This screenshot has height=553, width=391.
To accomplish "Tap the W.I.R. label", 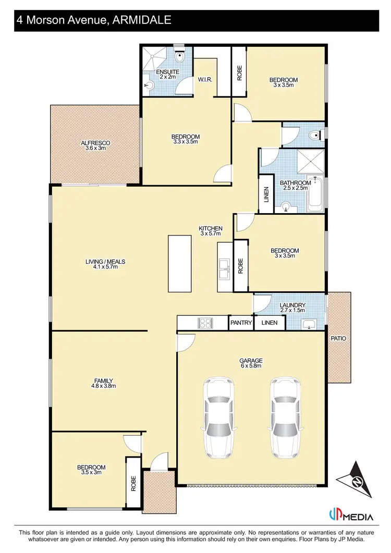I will click(x=204, y=80).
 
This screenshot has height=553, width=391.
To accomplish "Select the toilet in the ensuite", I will click(x=181, y=55).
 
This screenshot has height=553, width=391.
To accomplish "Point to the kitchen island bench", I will click(x=176, y=264).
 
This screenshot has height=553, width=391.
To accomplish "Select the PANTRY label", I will click(x=241, y=323).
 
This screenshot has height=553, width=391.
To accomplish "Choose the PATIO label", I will click(x=338, y=338).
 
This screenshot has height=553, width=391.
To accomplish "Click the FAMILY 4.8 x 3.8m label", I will click(x=103, y=383).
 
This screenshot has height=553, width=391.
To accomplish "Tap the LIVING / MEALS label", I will click(x=106, y=265).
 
